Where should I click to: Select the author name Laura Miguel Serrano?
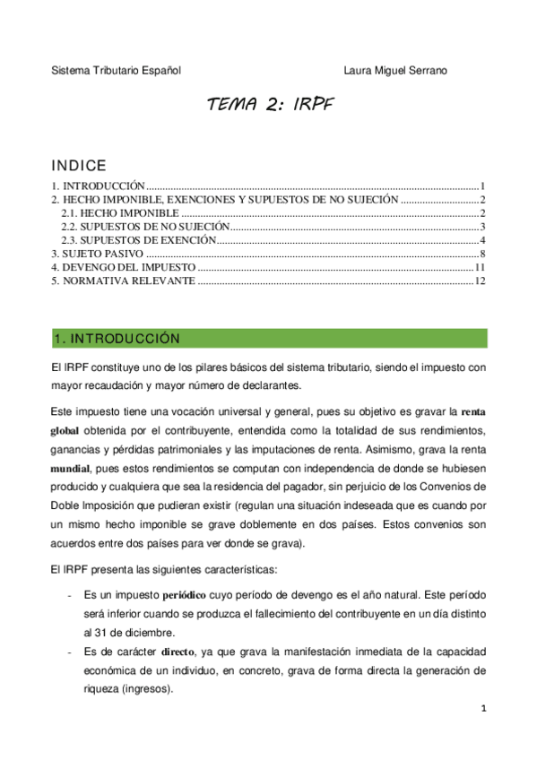(x=396, y=70)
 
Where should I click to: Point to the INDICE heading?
(x=79, y=166)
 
